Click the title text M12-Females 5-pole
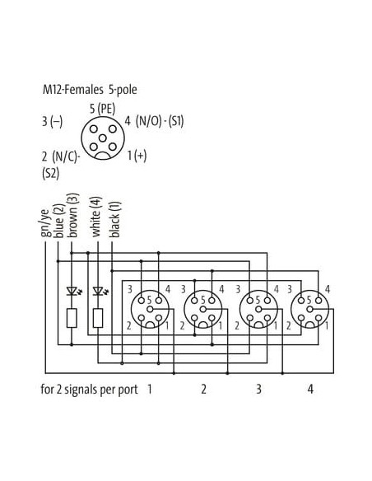tap(90, 90)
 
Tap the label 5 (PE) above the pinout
tap(102, 109)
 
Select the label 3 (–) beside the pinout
tap(52, 121)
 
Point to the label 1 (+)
tap(137, 156)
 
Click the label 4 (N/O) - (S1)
tap(154, 121)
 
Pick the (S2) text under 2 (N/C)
tap(50, 174)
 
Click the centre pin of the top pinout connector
tap(103, 138)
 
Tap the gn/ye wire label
tap(45, 223)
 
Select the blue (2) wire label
tap(59, 221)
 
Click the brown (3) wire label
tap(73, 215)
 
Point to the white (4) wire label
tap(96, 217)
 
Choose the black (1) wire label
tap(115, 219)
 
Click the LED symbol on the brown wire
tap(73, 291)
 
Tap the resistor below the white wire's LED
tap(98, 318)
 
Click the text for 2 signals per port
tap(89, 390)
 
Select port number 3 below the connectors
tap(258, 389)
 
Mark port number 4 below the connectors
tap(310, 389)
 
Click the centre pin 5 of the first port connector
tap(150, 309)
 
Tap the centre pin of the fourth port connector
tap(309, 309)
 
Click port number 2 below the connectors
tap(203, 389)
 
